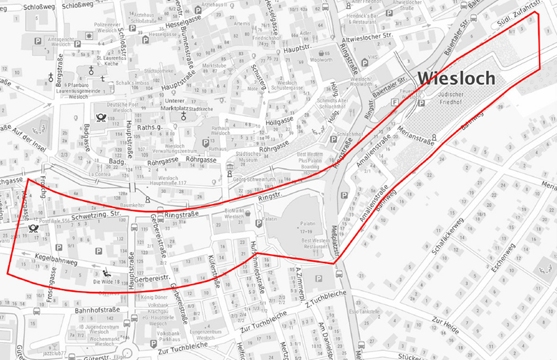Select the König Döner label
pyautogui.click(x=155, y=296)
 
